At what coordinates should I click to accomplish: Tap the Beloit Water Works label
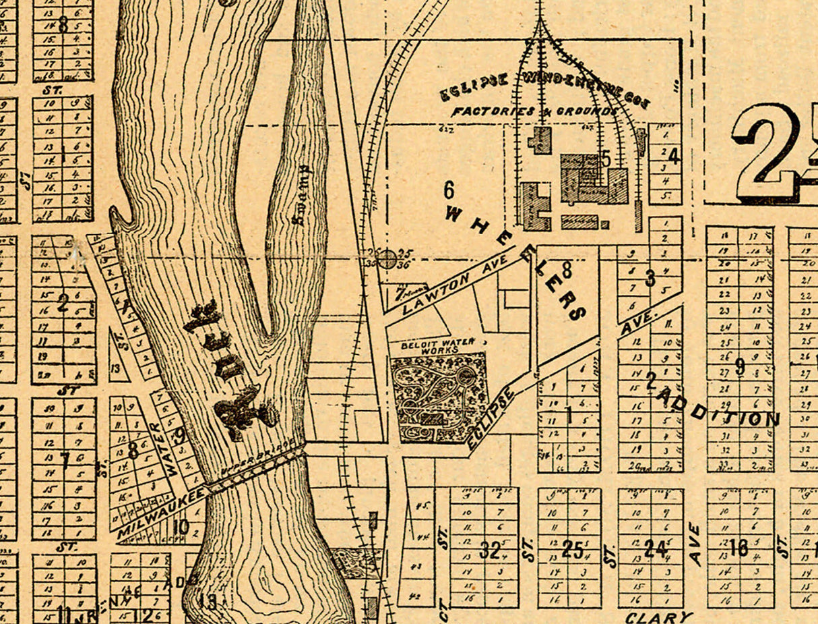click(x=438, y=346)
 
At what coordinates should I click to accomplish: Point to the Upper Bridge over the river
click(x=255, y=469)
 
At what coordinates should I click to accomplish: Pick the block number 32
click(x=491, y=550)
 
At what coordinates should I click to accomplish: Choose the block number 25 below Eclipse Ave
click(x=571, y=550)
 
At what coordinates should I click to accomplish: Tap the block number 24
click(x=654, y=549)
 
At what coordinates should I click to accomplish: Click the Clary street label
click(x=658, y=617)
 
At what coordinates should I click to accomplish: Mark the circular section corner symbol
click(x=387, y=258)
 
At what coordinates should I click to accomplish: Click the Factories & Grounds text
click(x=534, y=111)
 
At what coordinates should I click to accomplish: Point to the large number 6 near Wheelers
click(x=449, y=190)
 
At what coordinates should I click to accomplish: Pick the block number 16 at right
click(x=738, y=548)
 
